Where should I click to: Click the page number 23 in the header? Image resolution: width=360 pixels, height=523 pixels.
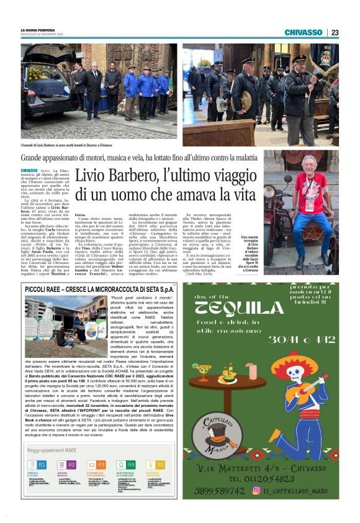tap(335, 32)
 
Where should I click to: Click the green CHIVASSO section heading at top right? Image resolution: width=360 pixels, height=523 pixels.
tap(304, 32)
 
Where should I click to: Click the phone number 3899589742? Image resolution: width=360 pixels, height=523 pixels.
tap(216, 490)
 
